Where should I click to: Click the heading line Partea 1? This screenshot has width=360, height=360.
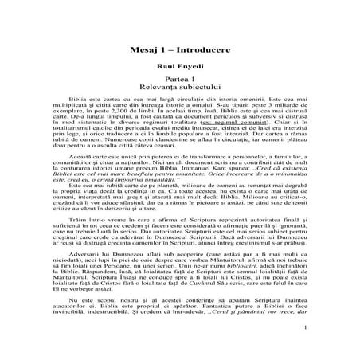click(179, 83)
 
